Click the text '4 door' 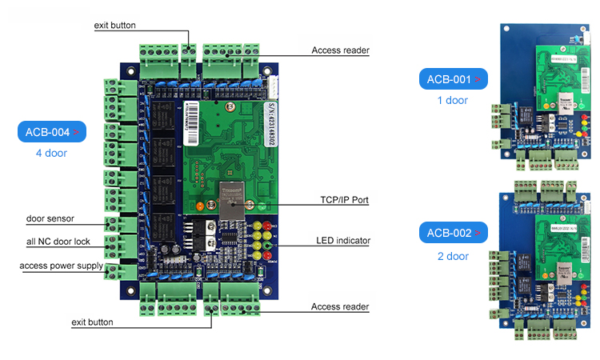51,153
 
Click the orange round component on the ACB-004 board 199,206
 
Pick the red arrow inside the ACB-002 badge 478,234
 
